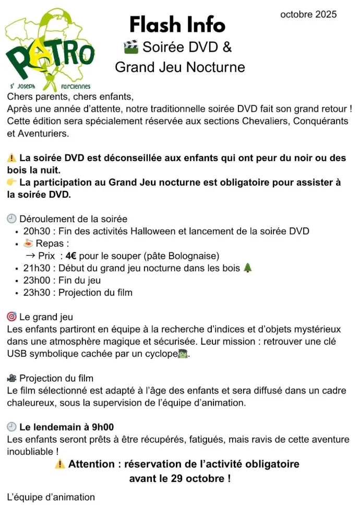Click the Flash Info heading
point(177,25)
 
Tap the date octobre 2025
point(308,15)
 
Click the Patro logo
point(50,50)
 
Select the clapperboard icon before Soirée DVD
point(131,47)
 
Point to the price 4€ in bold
point(71,256)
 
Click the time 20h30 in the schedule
point(34,231)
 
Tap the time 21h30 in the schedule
point(34,268)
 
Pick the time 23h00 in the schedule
point(34,280)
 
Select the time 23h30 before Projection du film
point(34,293)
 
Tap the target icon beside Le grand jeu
point(11,317)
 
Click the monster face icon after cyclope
point(183,354)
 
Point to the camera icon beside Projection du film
point(11,378)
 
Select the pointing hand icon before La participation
point(12,183)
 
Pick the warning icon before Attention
point(61,464)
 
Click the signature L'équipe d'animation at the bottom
point(51,497)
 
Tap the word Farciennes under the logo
point(76,87)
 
